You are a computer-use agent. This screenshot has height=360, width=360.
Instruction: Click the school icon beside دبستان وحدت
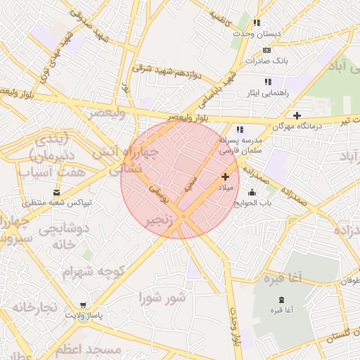pyautogui.click(x=257, y=23)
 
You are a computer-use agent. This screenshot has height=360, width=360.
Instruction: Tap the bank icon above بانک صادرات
pyautogui.click(x=266, y=50)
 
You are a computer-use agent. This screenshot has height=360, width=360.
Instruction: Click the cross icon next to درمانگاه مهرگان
pyautogui.click(x=297, y=115)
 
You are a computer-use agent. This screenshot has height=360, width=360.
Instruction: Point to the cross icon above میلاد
pyautogui.click(x=225, y=176)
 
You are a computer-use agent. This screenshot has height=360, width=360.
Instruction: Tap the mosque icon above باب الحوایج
pyautogui.click(x=252, y=193)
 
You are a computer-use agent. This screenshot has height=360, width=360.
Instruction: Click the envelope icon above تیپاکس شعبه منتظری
pyautogui.click(x=57, y=192)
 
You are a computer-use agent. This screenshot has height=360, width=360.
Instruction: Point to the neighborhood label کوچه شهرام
pyautogui.click(x=94, y=271)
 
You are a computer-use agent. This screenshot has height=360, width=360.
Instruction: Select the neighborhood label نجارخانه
pyautogui.click(x=33, y=307)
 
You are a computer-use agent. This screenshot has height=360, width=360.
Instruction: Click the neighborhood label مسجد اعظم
pyautogui.click(x=89, y=349)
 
